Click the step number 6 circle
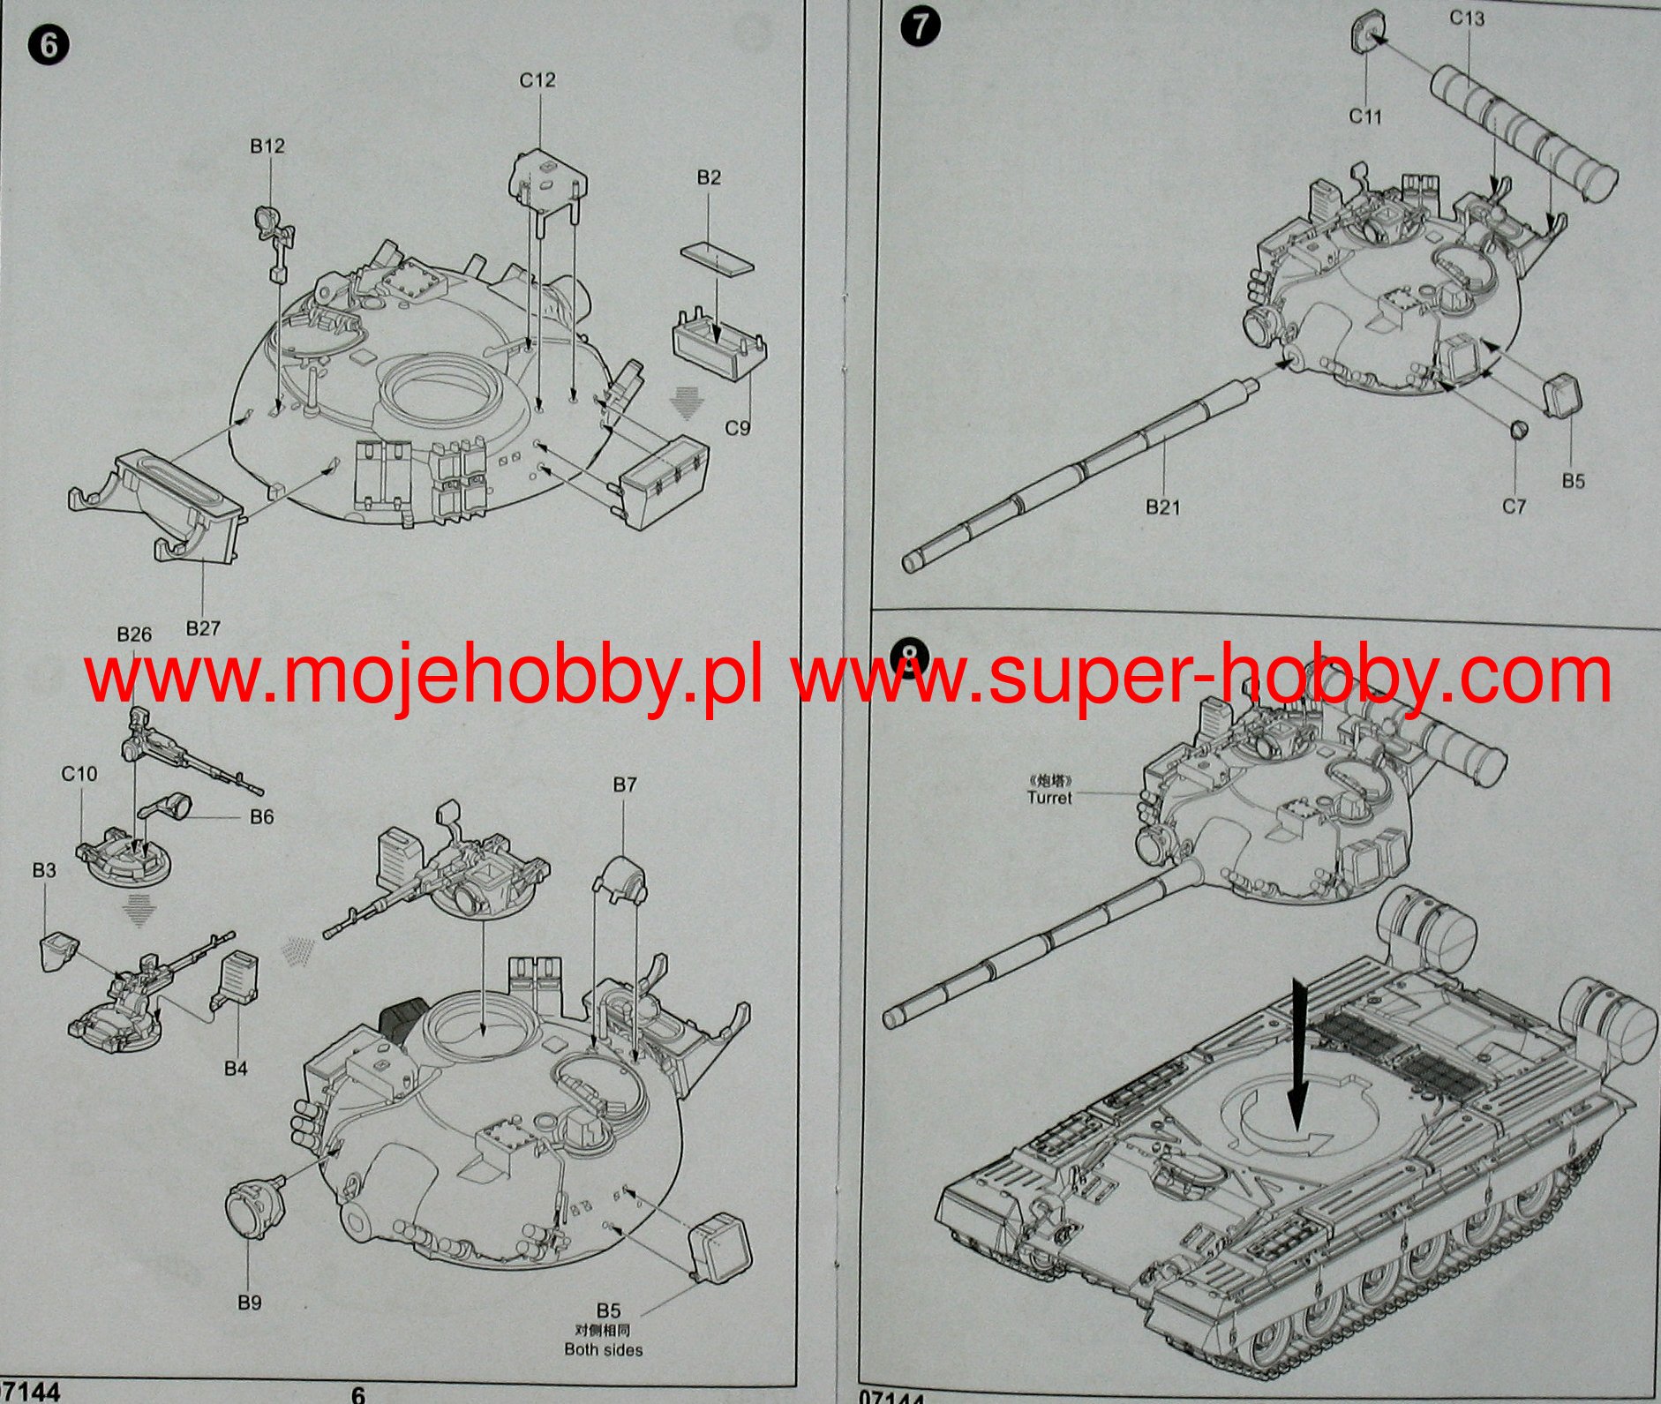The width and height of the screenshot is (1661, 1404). click(49, 44)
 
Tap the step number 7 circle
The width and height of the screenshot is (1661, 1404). click(920, 26)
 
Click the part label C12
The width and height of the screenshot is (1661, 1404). click(537, 80)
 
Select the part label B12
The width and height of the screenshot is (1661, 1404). click(267, 146)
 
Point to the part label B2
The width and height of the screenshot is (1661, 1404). click(709, 178)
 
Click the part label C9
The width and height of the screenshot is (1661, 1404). click(737, 428)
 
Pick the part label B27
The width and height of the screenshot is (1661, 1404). click(203, 628)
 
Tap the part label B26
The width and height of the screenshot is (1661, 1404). click(134, 634)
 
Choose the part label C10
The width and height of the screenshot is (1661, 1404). click(79, 774)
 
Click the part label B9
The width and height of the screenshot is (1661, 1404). click(250, 1303)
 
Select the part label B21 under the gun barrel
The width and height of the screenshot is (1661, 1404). click(1162, 507)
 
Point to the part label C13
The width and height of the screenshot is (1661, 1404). click(1467, 19)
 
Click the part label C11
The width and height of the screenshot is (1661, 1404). click(1364, 116)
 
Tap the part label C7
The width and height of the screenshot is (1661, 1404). click(1514, 507)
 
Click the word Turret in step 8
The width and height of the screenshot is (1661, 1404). click(1049, 798)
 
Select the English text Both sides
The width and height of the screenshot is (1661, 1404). click(604, 1349)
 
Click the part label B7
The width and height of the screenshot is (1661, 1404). click(624, 785)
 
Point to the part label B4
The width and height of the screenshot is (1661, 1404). click(236, 1069)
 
